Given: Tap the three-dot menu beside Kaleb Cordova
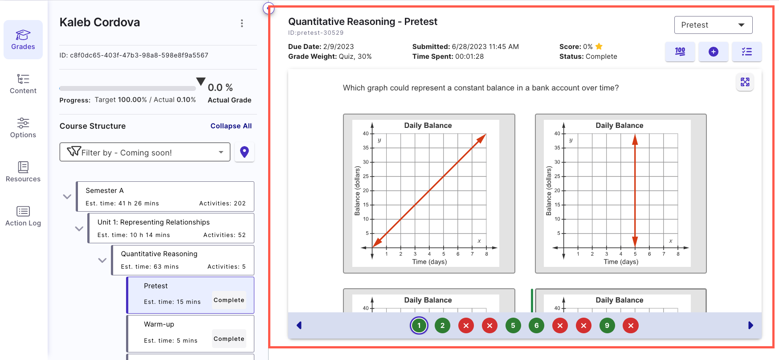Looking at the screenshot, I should point(242,23).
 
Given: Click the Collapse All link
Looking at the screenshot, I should point(231,126).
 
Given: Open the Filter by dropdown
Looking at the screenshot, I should point(145,152).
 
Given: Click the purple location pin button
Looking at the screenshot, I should point(244,152).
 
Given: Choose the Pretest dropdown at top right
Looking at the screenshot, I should point(713,25).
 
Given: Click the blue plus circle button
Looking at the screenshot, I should point(713,52).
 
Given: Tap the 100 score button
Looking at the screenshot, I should point(680,52).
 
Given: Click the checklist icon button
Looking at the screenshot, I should point(746,52).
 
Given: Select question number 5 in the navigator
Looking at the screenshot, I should point(513,326).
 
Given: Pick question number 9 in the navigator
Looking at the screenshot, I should point(607,326).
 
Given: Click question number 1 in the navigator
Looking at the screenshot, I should point(419,326).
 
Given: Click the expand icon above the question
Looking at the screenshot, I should point(745,82).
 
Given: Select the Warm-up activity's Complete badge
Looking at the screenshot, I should point(229,339).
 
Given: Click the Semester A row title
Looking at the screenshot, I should point(105,191).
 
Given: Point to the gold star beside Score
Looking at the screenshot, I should point(599,46).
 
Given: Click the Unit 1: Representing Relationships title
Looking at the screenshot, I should point(154,222).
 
